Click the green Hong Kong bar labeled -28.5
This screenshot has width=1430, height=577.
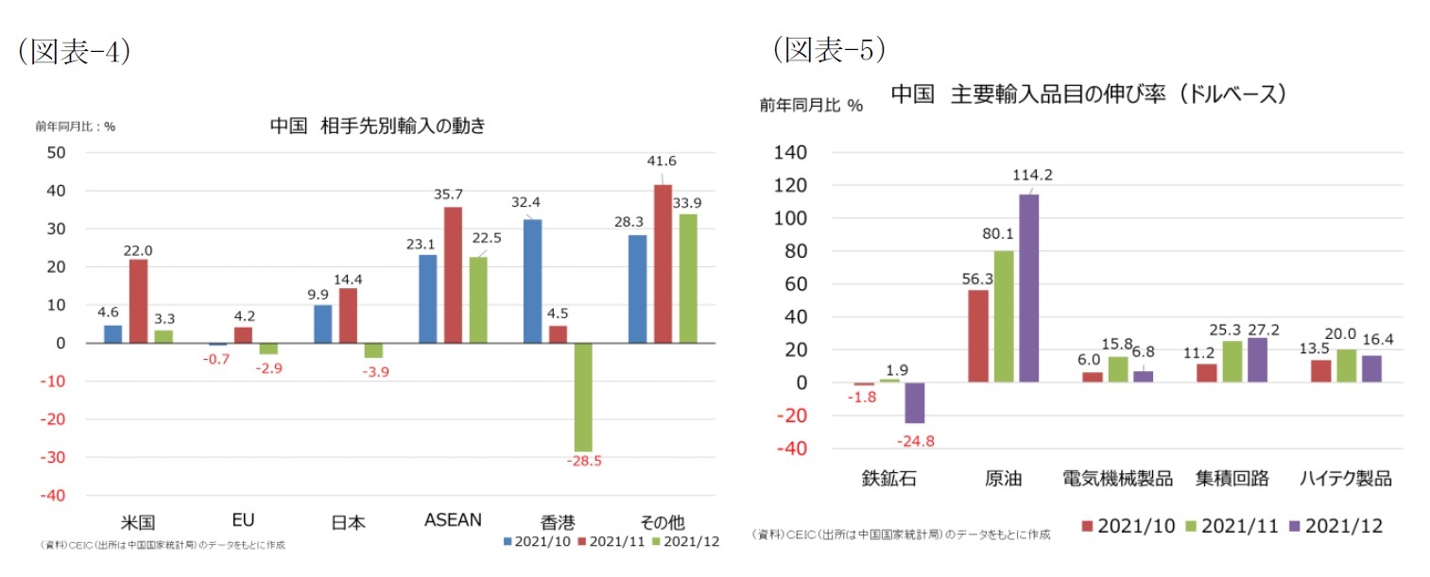pos(583,397)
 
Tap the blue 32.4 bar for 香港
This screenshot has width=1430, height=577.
pos(532,280)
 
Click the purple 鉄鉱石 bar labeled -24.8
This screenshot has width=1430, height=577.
pos(914,402)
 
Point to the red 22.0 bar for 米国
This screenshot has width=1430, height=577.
pos(138,300)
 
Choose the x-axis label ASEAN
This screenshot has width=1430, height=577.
pos(453,519)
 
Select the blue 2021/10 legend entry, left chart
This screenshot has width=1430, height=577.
pos(535,541)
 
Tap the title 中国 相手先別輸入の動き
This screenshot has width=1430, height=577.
pos(377,126)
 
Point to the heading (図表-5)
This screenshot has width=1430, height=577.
pos(829,49)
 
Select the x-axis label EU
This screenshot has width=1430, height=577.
pos(243,519)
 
